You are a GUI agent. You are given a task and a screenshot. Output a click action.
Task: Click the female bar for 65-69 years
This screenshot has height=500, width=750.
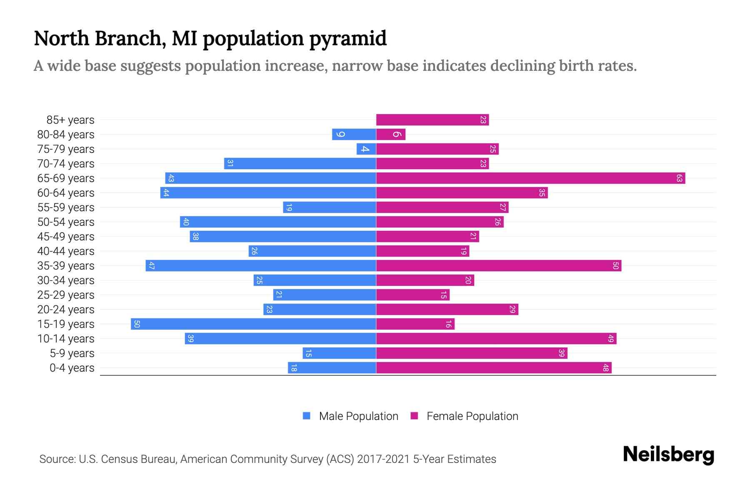[x=530, y=178]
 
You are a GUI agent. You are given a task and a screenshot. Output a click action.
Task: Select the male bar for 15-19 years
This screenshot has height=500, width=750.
[x=253, y=324]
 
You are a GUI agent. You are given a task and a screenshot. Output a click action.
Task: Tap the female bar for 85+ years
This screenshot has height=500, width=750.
[x=432, y=120]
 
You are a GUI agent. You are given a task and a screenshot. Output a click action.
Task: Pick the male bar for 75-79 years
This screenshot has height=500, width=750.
[x=366, y=149]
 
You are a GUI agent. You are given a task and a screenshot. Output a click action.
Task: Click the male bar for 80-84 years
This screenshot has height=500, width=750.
[x=354, y=135]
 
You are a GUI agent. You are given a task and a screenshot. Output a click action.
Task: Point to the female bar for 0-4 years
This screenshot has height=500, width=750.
[x=494, y=368]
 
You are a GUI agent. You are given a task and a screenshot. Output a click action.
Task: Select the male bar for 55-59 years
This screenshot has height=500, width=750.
[x=329, y=207]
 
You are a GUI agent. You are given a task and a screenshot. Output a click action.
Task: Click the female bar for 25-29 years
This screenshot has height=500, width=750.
[x=412, y=295]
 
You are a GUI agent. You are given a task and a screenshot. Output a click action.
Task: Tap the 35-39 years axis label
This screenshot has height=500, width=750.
[x=66, y=266]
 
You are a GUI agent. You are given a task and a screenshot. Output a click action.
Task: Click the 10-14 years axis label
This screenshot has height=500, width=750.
[x=66, y=339]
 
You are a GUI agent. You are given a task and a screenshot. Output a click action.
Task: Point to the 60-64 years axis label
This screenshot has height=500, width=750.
[x=66, y=193]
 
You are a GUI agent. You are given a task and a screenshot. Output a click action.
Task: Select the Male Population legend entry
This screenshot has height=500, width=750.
[x=358, y=416]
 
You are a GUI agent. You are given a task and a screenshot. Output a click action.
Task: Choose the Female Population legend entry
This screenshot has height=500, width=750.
[x=472, y=416]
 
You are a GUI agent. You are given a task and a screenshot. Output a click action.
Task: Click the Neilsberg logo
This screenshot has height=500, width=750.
[x=668, y=455]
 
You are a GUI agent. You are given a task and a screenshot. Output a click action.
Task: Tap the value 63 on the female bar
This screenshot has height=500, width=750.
[x=679, y=178]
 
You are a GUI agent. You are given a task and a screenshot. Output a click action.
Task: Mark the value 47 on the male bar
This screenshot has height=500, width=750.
[x=152, y=266]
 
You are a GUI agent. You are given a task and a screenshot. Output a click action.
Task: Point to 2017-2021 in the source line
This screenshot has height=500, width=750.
[x=383, y=459]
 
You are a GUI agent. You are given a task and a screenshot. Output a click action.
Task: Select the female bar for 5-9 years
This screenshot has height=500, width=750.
[x=472, y=353]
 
